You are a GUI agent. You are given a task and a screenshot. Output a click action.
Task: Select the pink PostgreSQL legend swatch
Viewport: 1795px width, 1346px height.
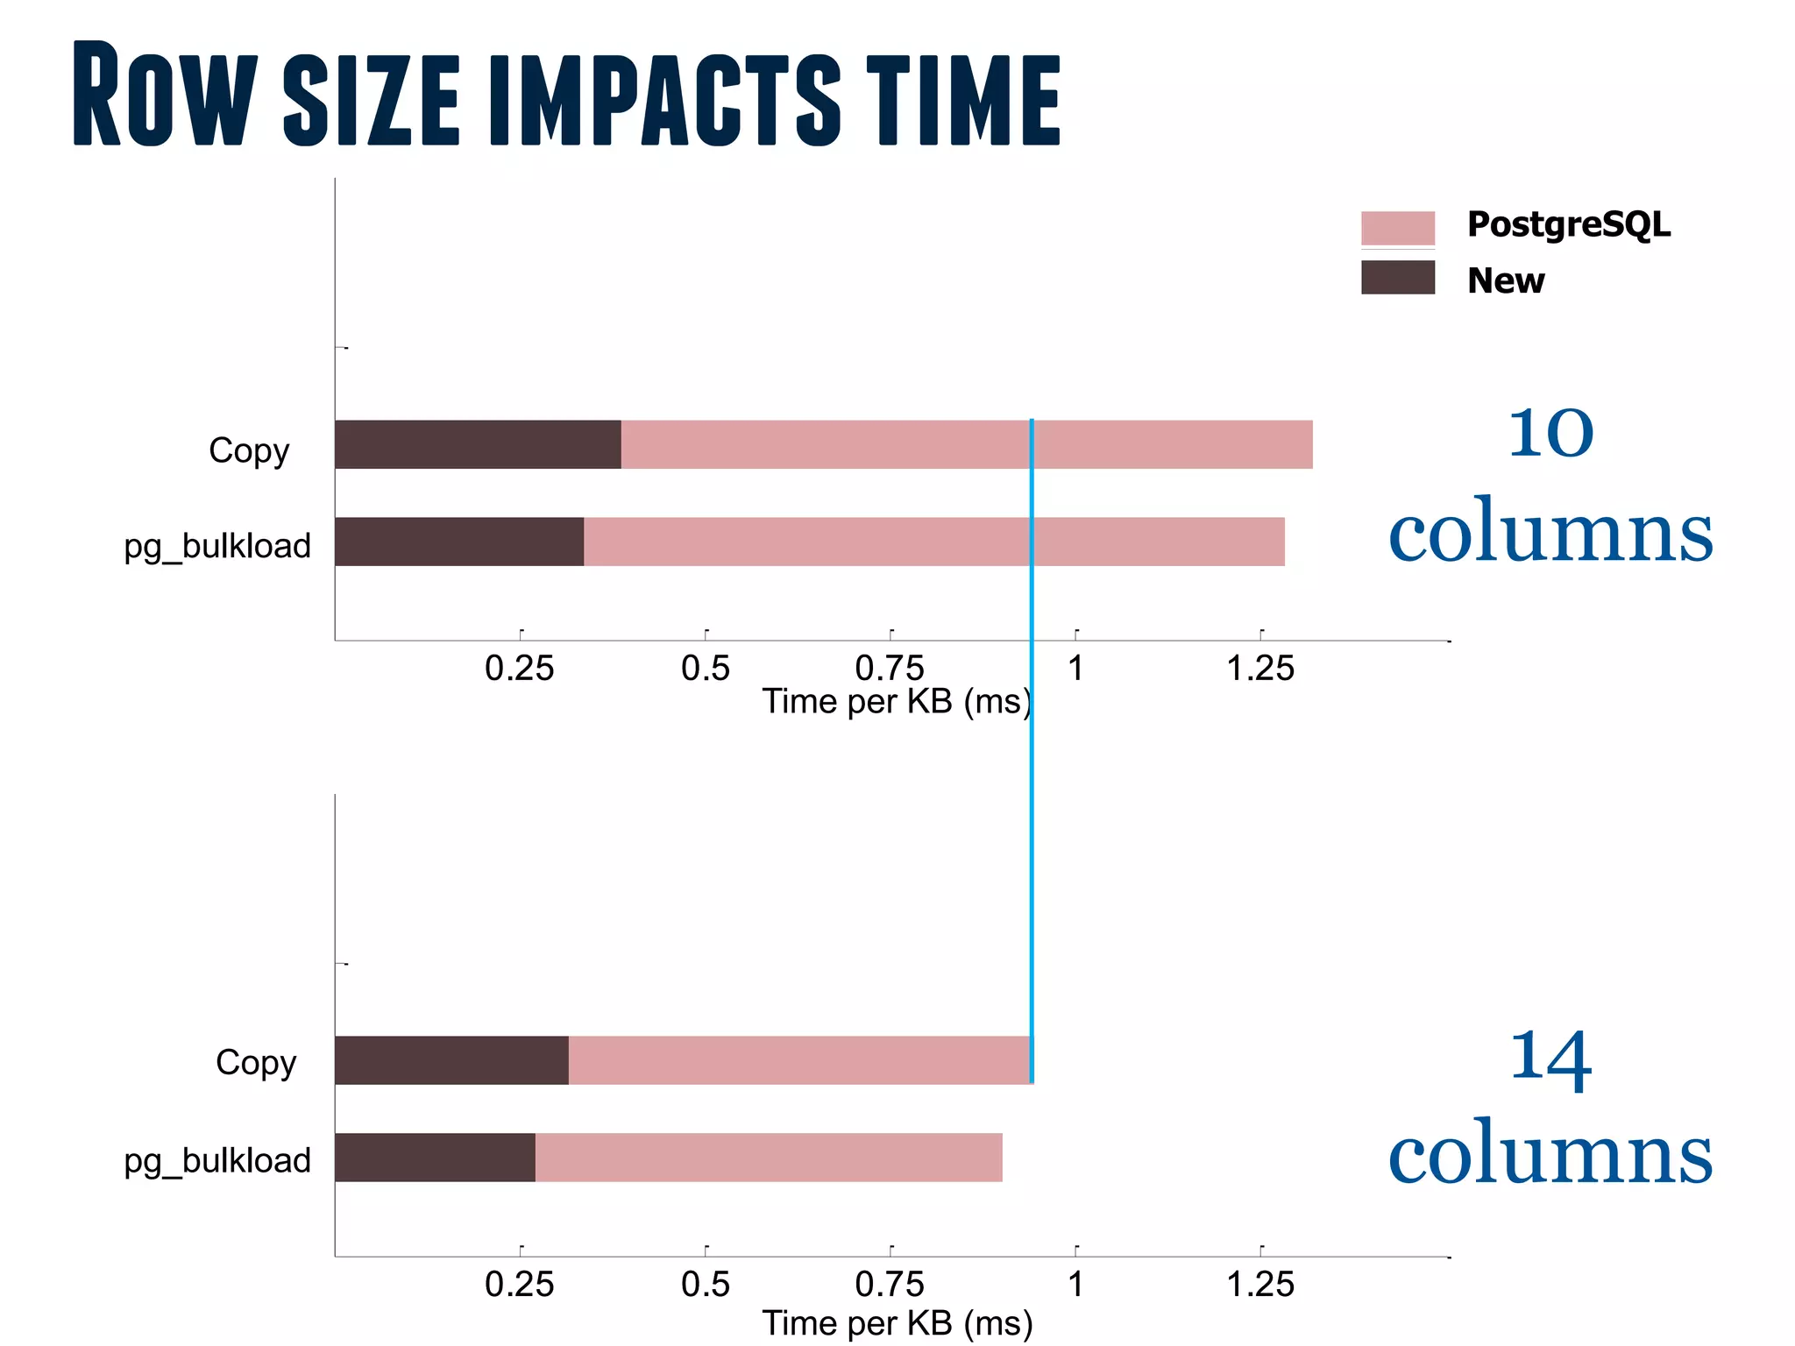pyautogui.click(x=1397, y=228)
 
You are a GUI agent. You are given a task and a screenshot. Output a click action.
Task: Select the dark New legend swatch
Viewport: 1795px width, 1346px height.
pyautogui.click(x=1397, y=277)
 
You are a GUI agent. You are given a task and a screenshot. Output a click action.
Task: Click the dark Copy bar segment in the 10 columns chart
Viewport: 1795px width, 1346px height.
pyautogui.click(x=478, y=444)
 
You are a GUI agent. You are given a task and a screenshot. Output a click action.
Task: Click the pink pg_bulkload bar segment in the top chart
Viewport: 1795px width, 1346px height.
pyautogui.click(x=933, y=542)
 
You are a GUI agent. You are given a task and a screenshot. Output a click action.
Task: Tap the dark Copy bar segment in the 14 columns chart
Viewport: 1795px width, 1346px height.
pyautogui.click(x=451, y=1060)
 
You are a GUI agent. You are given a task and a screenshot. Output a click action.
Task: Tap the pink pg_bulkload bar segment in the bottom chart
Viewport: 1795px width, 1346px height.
pyautogui.click(x=768, y=1158)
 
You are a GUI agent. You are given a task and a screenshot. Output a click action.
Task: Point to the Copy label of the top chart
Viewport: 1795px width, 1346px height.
pyautogui.click(x=249, y=450)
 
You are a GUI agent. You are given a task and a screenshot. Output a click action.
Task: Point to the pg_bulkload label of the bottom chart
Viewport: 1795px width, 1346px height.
pyautogui.click(x=217, y=1160)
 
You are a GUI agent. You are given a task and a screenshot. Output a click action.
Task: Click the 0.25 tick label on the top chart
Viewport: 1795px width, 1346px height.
pyautogui.click(x=519, y=669)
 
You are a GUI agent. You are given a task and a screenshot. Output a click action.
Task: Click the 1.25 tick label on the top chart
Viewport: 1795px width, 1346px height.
pyautogui.click(x=1259, y=669)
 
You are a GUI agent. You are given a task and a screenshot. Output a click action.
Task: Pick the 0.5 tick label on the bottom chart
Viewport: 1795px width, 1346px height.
pyautogui.click(x=705, y=1285)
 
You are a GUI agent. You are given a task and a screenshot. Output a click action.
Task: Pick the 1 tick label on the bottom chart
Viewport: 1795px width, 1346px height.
pyautogui.click(x=1075, y=1285)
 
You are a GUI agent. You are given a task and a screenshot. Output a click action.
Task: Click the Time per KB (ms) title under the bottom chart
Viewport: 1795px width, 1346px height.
pyautogui.click(x=897, y=1323)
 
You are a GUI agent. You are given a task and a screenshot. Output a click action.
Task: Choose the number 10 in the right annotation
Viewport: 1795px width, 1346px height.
pyautogui.click(x=1550, y=433)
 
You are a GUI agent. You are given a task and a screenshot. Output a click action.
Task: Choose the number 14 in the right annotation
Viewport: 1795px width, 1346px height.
pyautogui.click(x=1550, y=1059)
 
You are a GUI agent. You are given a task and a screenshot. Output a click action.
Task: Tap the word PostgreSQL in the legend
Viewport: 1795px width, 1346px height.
pyautogui.click(x=1568, y=224)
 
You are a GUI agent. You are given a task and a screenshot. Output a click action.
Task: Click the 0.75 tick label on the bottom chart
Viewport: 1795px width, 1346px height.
pyautogui.click(x=889, y=1285)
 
